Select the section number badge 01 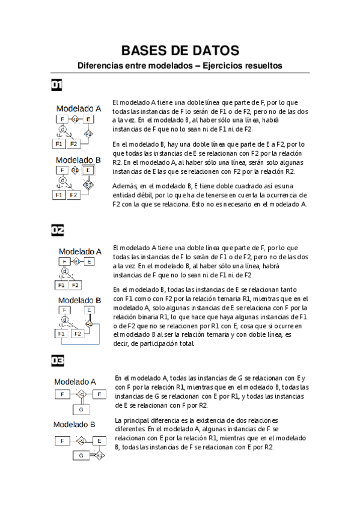58,85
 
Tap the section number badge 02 58,230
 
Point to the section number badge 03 58,361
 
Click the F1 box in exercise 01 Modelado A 59,144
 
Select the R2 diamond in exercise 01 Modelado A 88,134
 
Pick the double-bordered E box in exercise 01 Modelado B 88,171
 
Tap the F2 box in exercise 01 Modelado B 73,195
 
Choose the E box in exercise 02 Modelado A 89,262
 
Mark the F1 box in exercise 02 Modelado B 61,333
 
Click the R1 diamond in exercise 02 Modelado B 89,324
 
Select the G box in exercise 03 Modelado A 81,410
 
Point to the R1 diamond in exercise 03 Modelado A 81,395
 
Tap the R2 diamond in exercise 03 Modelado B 100,455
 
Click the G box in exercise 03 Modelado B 81,455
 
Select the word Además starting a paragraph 125,186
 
